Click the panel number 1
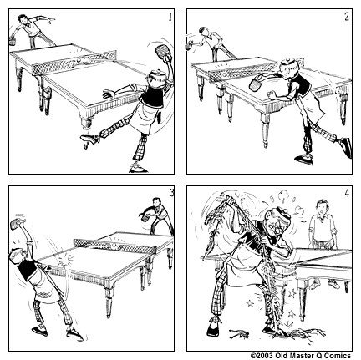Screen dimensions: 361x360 tap(170, 17)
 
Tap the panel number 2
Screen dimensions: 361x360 tap(347, 17)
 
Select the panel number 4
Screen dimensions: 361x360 tap(347, 193)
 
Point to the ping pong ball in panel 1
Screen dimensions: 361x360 tap(79, 60)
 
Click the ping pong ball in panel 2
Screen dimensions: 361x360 tap(225, 74)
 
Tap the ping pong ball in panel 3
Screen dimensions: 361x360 tap(114, 245)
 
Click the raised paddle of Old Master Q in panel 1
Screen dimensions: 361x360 tap(161, 52)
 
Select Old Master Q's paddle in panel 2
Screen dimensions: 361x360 tap(257, 83)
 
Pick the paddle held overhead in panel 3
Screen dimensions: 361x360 tap(16, 224)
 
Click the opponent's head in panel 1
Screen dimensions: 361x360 tap(23, 19)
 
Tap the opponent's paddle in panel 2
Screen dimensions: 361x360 tap(189, 46)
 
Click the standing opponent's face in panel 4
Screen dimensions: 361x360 tap(323, 207)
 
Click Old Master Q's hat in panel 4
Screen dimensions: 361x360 tap(283, 214)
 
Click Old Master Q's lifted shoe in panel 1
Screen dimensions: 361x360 tap(89, 139)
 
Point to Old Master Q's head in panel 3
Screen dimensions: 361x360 tap(17, 256)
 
